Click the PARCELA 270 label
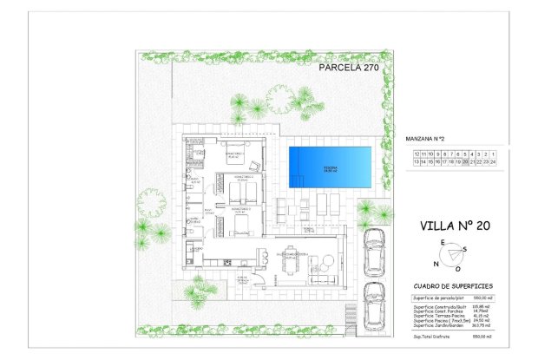[349, 66]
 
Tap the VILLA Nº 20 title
[455, 226]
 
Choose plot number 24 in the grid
[492, 161]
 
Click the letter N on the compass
[436, 264]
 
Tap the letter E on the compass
[443, 242]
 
